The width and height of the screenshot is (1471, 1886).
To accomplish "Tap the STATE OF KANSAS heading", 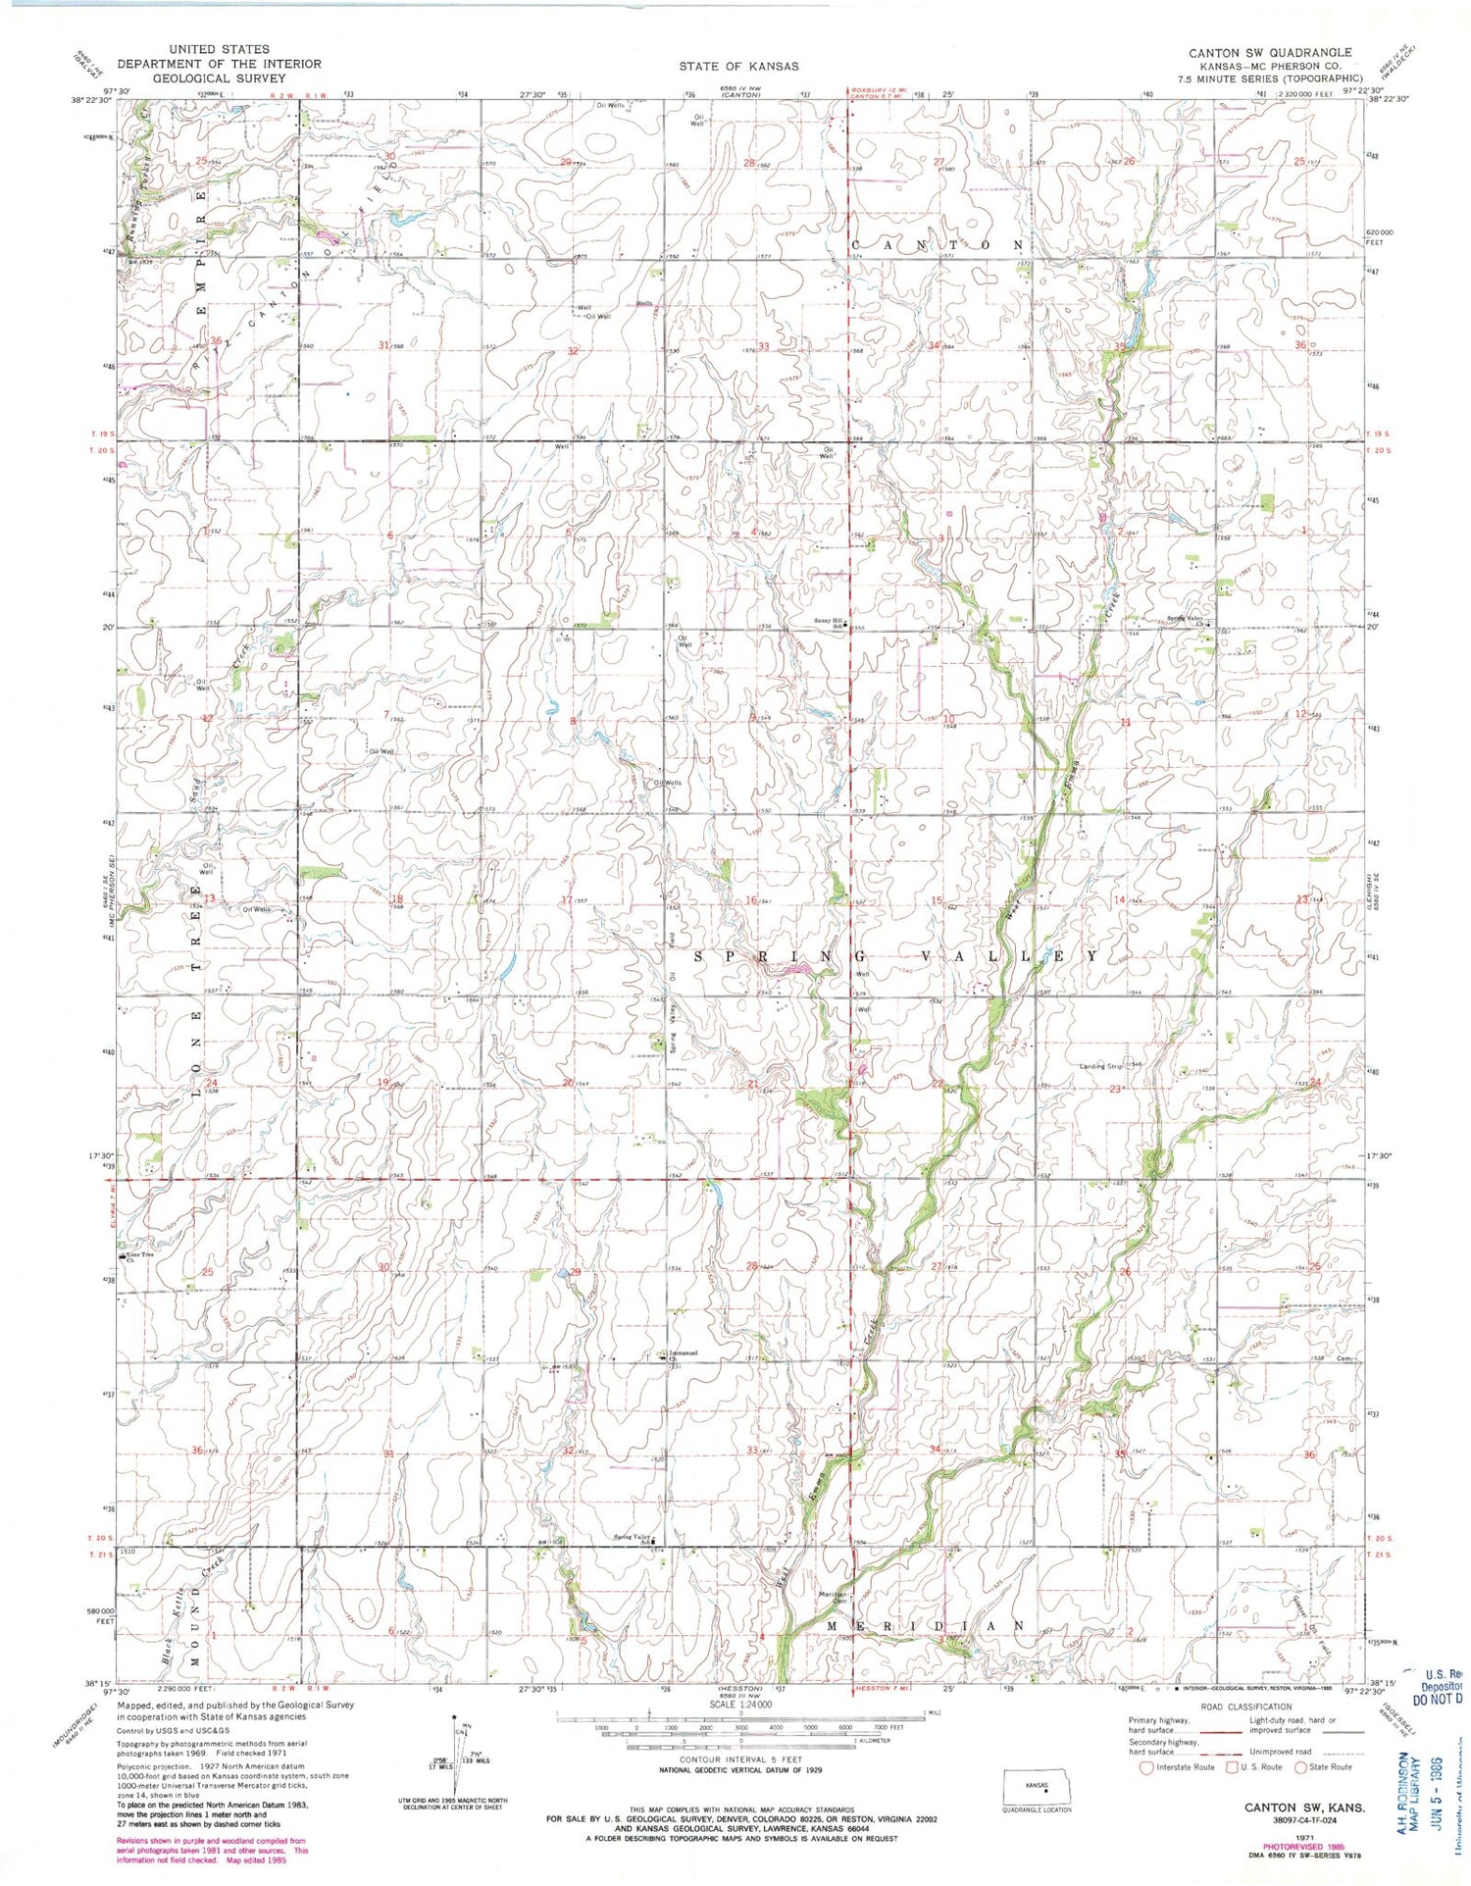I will tap(738, 67).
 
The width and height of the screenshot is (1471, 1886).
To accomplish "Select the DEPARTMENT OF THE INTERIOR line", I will tap(219, 64).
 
